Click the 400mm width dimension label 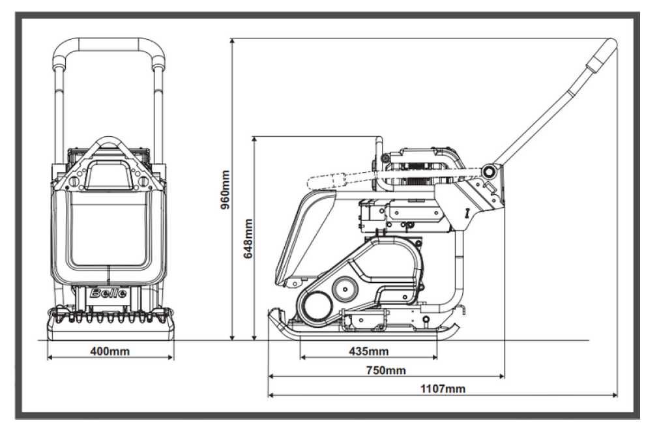110,351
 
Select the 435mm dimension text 368,351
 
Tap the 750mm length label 386,370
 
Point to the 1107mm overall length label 443,388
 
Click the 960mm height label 226,190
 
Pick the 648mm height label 248,239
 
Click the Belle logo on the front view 108,293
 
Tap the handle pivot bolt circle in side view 488,171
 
